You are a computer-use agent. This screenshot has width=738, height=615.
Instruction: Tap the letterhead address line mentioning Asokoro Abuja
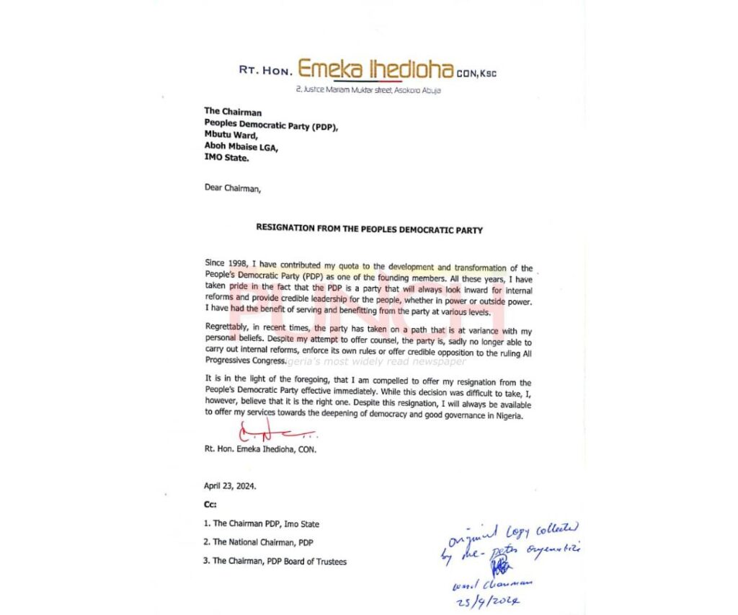(x=368, y=90)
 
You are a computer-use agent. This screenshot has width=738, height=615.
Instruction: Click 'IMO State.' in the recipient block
(x=226, y=156)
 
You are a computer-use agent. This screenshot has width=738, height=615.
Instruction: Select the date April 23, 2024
(x=230, y=486)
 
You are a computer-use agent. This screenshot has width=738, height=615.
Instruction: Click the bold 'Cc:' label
(x=210, y=505)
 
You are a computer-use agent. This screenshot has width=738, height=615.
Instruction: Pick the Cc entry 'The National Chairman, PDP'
(x=258, y=542)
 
